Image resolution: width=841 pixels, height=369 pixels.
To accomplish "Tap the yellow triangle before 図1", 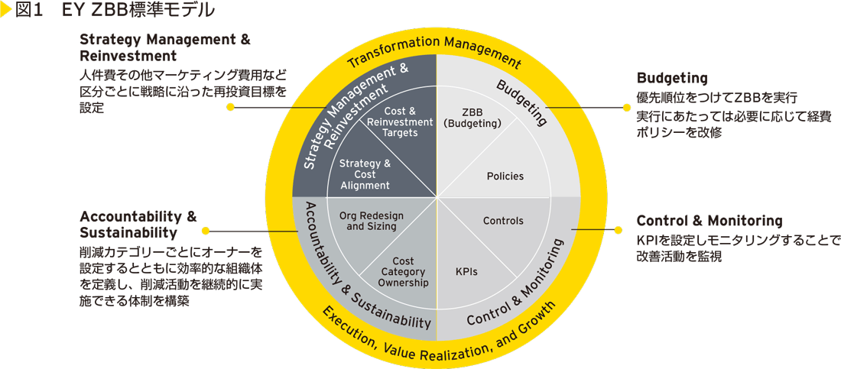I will tap(8, 11).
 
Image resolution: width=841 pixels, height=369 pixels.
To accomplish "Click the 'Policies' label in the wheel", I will tap(505, 176).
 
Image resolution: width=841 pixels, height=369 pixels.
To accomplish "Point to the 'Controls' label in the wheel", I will tap(503, 221).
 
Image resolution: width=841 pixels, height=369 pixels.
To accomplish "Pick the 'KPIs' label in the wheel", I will tap(466, 271).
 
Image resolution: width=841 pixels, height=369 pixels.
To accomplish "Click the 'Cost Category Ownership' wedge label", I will tap(403, 272).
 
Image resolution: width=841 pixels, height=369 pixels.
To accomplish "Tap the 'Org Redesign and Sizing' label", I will tap(372, 221).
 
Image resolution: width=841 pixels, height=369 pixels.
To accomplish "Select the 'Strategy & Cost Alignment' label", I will tap(365, 174).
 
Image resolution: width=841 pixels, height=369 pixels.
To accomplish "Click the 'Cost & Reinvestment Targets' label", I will tap(400, 122).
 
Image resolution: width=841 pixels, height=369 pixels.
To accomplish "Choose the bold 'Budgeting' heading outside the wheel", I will tap(671, 78).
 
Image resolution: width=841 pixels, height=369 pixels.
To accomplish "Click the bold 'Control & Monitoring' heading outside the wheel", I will tap(709, 221).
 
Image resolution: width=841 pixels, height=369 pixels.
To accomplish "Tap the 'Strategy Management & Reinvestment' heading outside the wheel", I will tap(164, 47).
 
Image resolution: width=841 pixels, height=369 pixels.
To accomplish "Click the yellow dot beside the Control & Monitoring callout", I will tap(619, 228).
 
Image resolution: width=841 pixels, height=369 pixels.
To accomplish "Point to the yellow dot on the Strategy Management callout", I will tap(229, 108).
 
